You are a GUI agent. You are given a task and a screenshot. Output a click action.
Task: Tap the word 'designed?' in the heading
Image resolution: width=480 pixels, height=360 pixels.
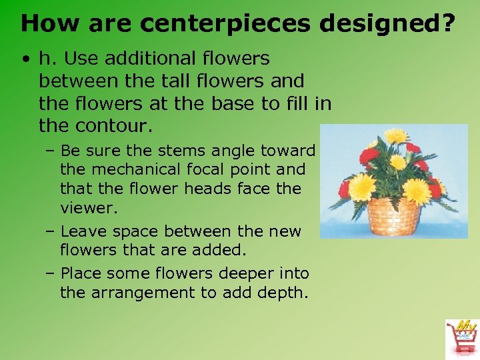[387, 23]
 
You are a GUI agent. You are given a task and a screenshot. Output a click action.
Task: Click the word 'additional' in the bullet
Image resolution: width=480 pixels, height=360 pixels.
[148, 59]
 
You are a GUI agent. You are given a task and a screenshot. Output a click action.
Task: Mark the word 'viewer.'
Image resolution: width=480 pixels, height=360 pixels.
[89, 208]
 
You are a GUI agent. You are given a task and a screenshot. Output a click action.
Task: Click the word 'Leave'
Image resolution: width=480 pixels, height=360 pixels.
[85, 231]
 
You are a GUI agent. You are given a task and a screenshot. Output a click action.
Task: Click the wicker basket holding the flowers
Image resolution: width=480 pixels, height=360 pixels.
[393, 217]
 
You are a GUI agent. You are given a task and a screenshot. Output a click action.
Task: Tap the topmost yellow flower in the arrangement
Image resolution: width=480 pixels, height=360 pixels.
[396, 136]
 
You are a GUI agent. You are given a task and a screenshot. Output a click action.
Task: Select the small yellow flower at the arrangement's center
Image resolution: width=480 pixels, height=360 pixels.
[398, 163]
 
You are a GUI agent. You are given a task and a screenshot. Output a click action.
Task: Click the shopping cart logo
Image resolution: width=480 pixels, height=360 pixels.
[461, 337]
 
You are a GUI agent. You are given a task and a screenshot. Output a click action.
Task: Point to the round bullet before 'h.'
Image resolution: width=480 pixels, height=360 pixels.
[25, 59]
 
